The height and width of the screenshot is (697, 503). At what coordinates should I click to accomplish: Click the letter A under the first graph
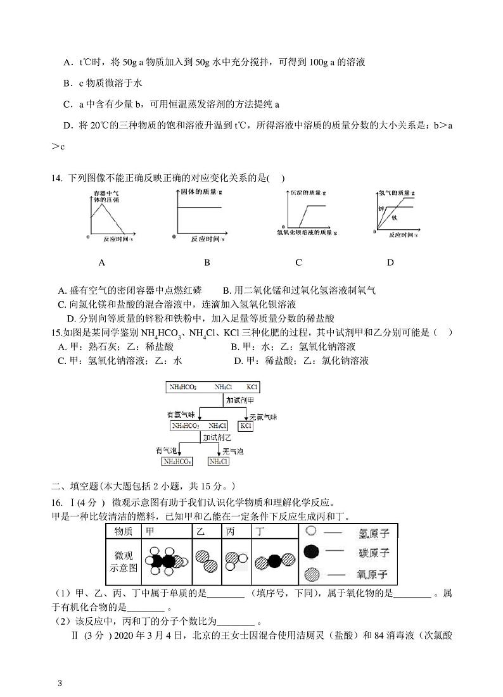tap(102, 262)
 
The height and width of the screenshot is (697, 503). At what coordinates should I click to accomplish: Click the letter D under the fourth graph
tap(390, 262)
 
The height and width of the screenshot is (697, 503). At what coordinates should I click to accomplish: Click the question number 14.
tap(56, 178)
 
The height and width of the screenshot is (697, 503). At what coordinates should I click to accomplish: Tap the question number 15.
tap(55, 332)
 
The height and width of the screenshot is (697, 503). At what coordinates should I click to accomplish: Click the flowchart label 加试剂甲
tap(240, 400)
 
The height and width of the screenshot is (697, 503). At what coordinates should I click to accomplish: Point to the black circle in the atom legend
tap(311, 552)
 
